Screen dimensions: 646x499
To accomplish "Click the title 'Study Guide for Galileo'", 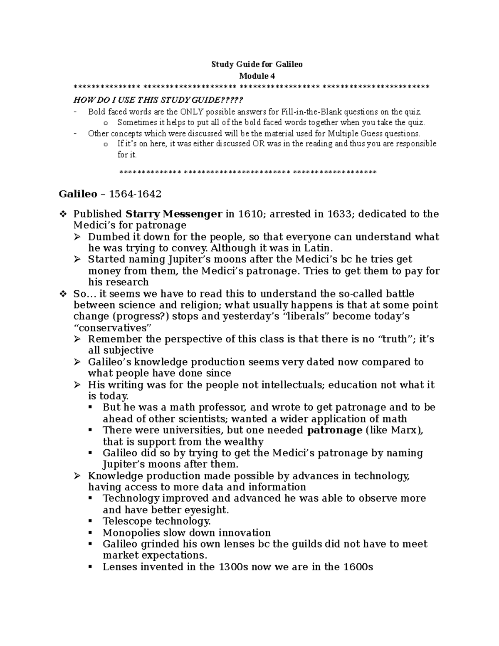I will (x=257, y=64).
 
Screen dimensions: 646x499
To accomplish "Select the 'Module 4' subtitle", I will (x=257, y=76).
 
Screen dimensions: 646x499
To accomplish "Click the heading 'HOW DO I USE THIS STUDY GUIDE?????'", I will (x=158, y=100).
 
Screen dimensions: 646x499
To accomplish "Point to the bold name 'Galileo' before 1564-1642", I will (x=78, y=194).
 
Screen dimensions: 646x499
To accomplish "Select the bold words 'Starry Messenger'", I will (x=174, y=214).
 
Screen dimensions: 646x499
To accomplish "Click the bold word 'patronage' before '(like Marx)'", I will (x=335, y=431).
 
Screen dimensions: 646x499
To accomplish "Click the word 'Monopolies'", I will (x=132, y=533).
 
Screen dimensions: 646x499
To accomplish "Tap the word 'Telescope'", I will (x=127, y=522).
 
